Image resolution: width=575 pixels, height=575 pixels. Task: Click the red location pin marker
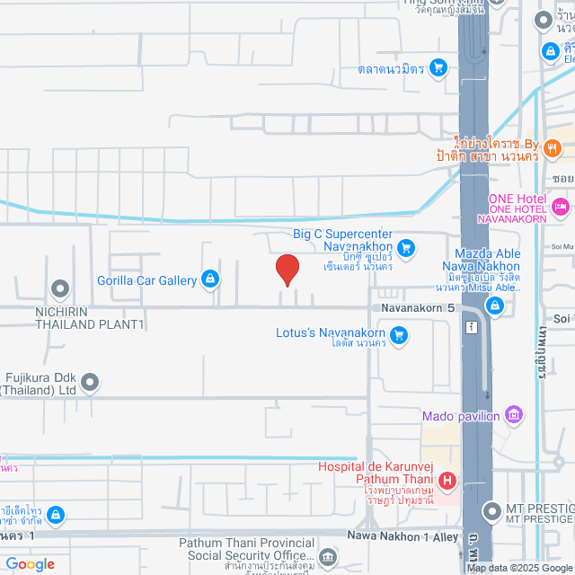287,269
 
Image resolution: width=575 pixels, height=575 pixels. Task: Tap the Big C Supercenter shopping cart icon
406,246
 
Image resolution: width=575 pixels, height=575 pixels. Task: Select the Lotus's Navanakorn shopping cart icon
400,335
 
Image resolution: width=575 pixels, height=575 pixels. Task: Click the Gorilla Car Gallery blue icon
209,279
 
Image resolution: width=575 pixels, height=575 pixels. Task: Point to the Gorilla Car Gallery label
146,280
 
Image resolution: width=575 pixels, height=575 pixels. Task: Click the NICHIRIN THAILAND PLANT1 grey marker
60,288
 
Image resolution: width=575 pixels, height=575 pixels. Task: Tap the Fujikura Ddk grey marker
90,384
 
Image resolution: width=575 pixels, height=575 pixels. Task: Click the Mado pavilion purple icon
513,415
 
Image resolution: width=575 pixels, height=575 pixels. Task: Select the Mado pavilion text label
461,416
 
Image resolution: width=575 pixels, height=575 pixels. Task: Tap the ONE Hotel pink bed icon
562,208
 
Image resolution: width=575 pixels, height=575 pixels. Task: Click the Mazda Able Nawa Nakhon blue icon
494,306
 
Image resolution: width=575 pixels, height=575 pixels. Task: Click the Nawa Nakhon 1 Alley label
405,536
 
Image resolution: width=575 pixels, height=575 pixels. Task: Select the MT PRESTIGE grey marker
491,512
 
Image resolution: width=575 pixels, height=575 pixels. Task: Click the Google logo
30,564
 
